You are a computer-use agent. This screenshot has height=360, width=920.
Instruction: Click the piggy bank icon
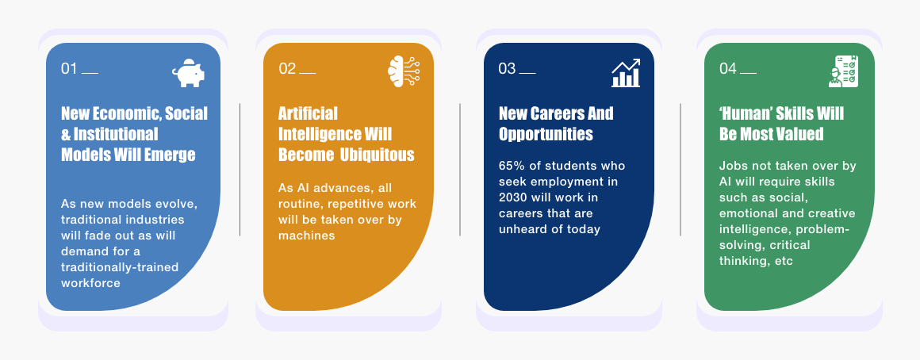click(188, 73)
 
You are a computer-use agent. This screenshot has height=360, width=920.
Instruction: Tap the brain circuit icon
click(404, 72)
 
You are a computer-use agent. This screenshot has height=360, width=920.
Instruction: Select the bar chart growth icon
click(626, 73)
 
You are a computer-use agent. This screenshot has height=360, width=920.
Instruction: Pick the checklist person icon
click(844, 71)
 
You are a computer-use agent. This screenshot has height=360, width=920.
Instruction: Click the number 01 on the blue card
click(69, 69)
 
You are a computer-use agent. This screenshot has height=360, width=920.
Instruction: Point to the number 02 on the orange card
click(287, 69)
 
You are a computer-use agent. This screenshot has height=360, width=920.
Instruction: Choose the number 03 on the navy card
click(507, 69)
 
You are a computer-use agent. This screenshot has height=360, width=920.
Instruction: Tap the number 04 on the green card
click(728, 69)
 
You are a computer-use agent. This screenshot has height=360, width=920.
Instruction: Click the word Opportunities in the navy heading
click(546, 134)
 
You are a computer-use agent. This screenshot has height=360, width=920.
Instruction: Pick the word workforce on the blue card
click(90, 283)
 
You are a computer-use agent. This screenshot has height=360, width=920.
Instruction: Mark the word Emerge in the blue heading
click(174, 155)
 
